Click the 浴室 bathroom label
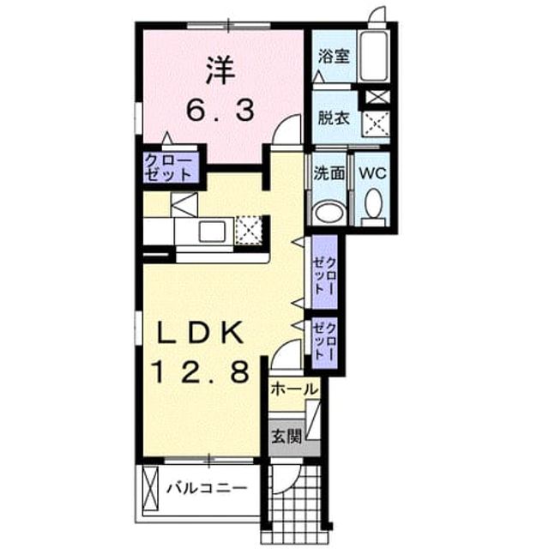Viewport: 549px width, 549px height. click(334, 56)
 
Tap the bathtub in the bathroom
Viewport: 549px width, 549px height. click(374, 57)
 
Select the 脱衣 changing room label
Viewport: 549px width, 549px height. click(334, 118)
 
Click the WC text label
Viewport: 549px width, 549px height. click(372, 172)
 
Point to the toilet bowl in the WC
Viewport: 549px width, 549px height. click(373, 204)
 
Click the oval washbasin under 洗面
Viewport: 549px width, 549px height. click(329, 211)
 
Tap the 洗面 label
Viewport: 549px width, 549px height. click(329, 172)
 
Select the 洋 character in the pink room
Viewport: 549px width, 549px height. click(220, 70)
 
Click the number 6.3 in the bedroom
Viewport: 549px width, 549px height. click(220, 109)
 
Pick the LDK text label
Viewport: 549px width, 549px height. click(200, 333)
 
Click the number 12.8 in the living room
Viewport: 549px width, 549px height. click(201, 371)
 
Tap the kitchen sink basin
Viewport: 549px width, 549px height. click(212, 232)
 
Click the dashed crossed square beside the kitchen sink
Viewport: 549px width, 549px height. click(249, 230)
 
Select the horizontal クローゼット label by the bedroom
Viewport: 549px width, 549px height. click(169, 167)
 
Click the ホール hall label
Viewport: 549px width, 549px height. click(294, 389)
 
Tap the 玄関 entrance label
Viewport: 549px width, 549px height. click(287, 437)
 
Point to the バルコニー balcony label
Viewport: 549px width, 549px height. click(207, 488)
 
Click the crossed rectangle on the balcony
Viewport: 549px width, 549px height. click(151, 488)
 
